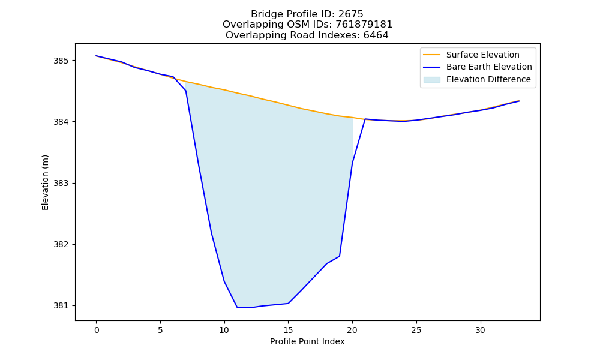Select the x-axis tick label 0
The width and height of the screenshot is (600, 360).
97,330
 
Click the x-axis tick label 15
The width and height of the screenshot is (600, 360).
288,330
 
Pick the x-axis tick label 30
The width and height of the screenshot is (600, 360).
480,330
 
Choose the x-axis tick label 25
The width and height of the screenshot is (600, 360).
416,330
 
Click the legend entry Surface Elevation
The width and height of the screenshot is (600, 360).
482,55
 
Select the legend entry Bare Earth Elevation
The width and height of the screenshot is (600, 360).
489,67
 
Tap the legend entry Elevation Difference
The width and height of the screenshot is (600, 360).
488,80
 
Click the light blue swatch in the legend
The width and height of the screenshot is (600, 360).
431,80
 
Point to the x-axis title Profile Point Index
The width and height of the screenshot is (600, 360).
307,341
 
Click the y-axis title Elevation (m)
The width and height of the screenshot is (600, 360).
45,182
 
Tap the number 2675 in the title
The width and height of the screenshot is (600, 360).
350,14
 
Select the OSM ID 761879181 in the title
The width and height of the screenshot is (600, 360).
364,25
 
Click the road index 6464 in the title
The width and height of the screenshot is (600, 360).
376,35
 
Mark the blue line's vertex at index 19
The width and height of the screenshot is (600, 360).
340,256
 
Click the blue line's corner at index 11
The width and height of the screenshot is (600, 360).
237,307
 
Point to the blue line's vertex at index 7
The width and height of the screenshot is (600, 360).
185,91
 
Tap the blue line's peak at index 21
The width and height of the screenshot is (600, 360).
365,119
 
